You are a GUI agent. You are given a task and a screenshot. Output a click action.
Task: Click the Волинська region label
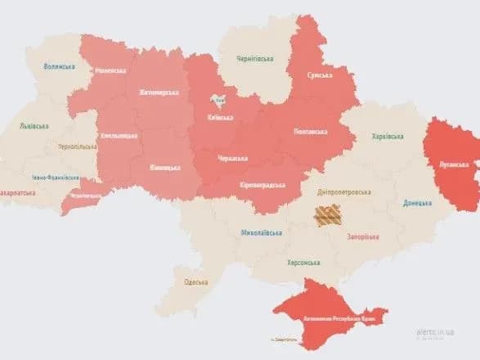point(59,65)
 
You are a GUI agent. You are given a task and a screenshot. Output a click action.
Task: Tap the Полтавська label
point(309,131)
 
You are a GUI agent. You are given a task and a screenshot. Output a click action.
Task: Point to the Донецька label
point(419,203)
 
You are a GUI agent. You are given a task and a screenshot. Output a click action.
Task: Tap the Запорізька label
point(362,237)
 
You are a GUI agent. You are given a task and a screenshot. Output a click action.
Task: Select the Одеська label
point(196,282)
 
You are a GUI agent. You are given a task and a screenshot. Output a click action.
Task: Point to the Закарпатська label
point(19,195)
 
